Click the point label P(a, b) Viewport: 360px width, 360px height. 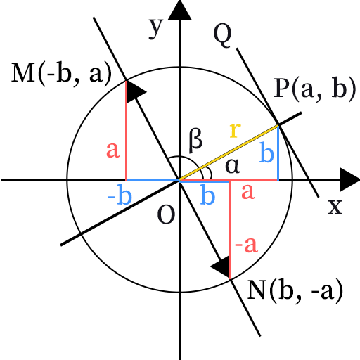click(315, 89)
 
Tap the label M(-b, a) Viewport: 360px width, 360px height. click(61, 73)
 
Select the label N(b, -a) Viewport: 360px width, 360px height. click(295, 291)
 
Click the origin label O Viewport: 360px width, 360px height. click(166, 214)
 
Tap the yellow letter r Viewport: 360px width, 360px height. click(235, 130)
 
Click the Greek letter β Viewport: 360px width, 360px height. click(195, 141)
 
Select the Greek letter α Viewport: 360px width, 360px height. click(233, 166)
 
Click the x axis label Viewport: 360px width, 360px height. click(335, 207)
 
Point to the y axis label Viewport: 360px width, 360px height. click(155, 27)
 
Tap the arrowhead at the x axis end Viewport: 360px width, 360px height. click(350, 180)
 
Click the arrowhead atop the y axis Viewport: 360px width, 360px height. click(180, 10)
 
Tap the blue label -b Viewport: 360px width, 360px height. click(120, 194)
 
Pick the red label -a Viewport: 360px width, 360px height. click(246, 245)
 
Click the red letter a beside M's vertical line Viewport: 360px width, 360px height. click(113, 150)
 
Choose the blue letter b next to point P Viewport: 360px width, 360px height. click(266, 152)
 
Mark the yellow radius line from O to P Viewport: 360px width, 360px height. click(229, 153)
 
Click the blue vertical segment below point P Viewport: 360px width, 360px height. click(278, 153)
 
